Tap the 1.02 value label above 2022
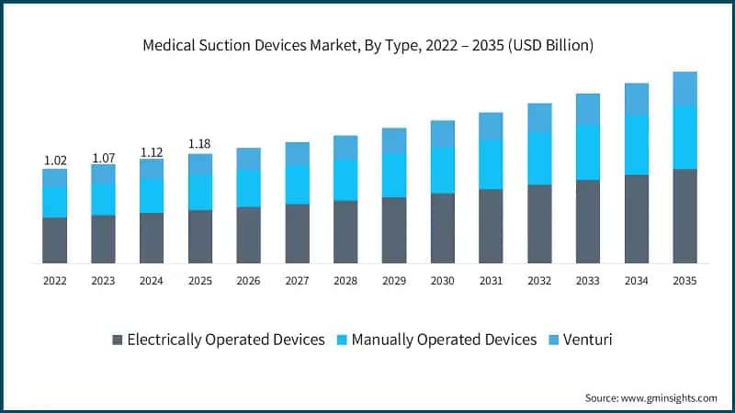click(55, 161)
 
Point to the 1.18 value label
click(200, 144)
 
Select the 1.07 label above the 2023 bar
click(104, 157)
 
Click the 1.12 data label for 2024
click(152, 151)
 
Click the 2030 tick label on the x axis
click(443, 281)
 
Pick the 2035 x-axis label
click(685, 281)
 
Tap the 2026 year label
click(249, 281)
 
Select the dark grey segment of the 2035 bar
click(685, 216)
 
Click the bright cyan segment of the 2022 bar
click(55, 202)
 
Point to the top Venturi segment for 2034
click(637, 99)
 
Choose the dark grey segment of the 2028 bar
click(345, 231)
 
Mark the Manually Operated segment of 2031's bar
click(492, 163)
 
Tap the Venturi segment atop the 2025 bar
click(200, 163)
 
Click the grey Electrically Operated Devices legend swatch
click(117, 340)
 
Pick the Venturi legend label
click(588, 340)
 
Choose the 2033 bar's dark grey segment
click(588, 221)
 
